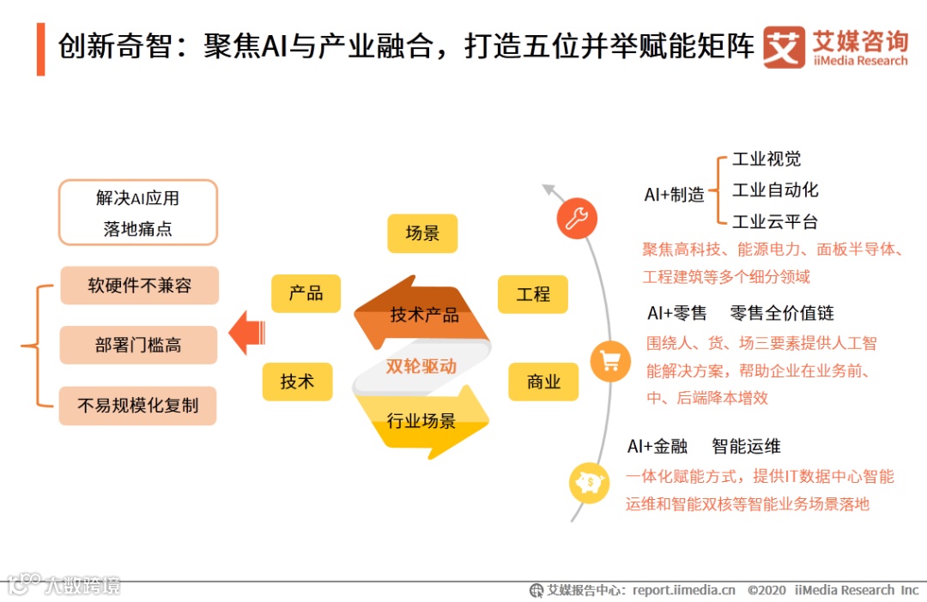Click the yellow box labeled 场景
[422, 233]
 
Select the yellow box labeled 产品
[306, 293]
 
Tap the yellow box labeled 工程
[533, 294]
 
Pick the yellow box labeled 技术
[297, 382]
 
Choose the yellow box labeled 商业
[543, 382]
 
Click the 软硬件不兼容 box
[139, 286]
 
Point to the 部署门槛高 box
[138, 345]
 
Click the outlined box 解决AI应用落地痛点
[137, 213]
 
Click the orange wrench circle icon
[576, 218]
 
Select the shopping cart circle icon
[610, 361]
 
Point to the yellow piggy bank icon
[590, 483]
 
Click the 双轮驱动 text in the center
[421, 366]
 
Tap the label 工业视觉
[766, 160]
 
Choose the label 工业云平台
[775, 222]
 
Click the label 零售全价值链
[782, 313]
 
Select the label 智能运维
[746, 446]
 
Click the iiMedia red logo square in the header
[784, 47]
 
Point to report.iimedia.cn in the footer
[684, 590]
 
